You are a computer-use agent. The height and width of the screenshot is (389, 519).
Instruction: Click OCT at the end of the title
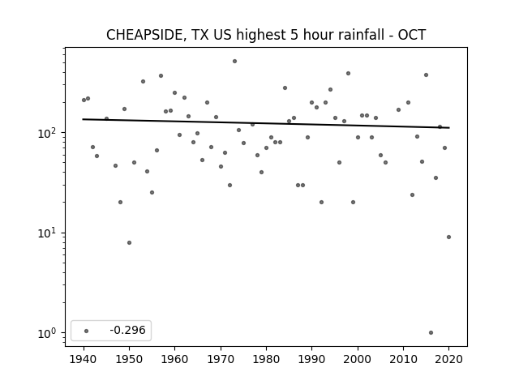[x=411, y=35]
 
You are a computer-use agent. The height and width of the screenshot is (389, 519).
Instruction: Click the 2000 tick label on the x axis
[x=358, y=359]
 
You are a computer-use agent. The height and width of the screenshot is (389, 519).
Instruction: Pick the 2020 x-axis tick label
[x=448, y=359]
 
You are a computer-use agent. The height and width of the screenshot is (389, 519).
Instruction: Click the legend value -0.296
[x=128, y=330]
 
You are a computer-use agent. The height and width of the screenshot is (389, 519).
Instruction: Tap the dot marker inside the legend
[x=87, y=331]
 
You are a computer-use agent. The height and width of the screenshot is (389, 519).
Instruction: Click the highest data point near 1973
[x=234, y=62]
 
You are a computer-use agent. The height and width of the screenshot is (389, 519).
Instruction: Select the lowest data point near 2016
[x=431, y=333]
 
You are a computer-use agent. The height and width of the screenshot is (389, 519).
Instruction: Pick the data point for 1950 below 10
[x=130, y=243]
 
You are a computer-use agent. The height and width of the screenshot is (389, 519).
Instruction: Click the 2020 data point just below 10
[x=448, y=237]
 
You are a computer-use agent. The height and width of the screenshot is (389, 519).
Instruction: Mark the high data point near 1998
[x=348, y=74]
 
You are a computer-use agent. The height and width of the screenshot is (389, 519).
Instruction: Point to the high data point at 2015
[x=426, y=75]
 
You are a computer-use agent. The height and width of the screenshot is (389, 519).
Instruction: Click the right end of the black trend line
[x=449, y=128]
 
